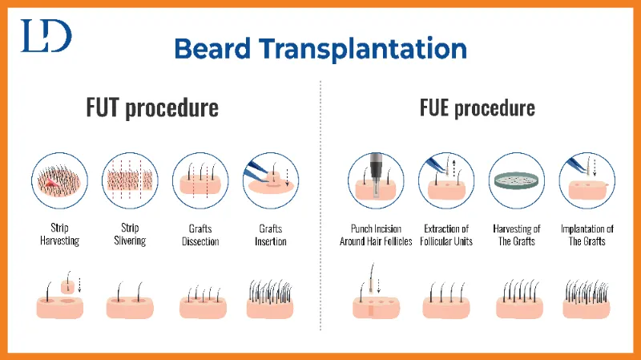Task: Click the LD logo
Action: point(46,35)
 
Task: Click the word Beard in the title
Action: point(212,49)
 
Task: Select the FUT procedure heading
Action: point(152,107)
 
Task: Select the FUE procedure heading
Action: point(477,107)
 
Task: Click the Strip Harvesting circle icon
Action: point(59,180)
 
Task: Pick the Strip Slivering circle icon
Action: point(130,180)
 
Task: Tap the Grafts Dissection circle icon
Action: point(200,180)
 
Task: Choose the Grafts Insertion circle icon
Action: point(271,180)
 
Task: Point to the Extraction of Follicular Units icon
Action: point(446,180)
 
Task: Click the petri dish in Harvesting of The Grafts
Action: point(517,180)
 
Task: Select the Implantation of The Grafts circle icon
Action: point(587,180)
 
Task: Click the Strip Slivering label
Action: point(130,234)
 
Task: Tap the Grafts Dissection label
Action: point(200,235)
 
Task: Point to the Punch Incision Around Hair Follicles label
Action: point(376,235)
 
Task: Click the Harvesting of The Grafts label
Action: point(517,235)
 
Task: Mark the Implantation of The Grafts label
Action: point(587,235)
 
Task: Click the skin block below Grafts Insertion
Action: point(270,309)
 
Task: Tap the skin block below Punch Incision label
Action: point(376,308)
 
